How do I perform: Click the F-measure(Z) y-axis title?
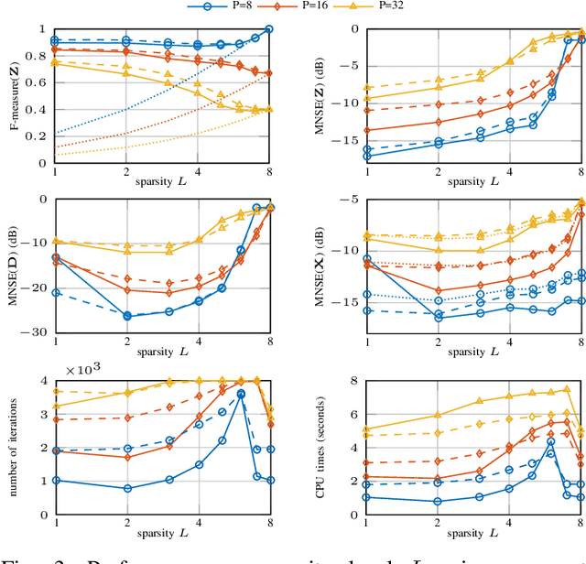click(x=16, y=96)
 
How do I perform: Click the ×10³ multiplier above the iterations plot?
click(x=86, y=345)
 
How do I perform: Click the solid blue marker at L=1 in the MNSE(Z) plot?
click(x=368, y=157)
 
